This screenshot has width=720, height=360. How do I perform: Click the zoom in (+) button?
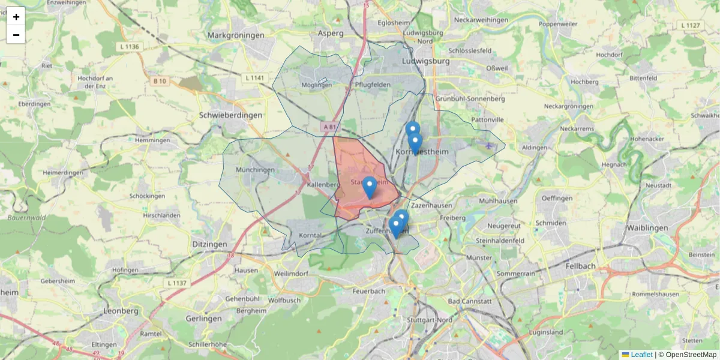16,17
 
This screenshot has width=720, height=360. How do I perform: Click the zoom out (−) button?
16,35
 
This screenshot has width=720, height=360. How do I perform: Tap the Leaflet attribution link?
641,355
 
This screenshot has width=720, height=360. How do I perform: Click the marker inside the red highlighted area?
370,187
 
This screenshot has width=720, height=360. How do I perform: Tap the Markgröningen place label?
236,35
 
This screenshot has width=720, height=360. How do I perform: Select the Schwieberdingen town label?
230,115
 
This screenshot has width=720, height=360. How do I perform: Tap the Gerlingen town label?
204,319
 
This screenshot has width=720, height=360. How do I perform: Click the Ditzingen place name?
210,244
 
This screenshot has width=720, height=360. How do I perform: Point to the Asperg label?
331,34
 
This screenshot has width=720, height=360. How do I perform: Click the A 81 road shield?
329,127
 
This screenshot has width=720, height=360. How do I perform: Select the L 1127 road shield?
691,25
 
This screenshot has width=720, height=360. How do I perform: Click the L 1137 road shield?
177,283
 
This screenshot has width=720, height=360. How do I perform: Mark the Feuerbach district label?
369,291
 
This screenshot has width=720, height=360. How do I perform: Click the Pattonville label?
487,120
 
